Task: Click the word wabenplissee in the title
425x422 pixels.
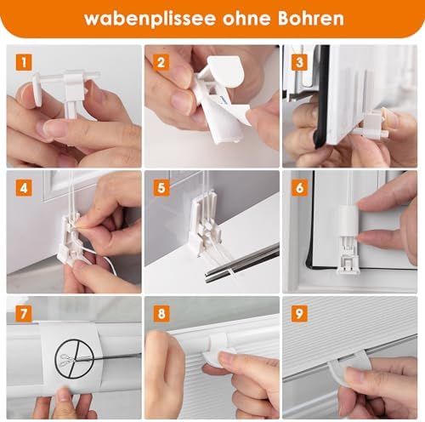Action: [150, 19]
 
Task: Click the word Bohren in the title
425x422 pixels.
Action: [310, 18]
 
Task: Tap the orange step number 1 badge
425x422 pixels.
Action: [24, 62]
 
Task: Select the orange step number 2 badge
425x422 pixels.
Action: [161, 62]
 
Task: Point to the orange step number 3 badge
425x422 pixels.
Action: [299, 62]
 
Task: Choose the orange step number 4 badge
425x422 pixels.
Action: [24, 188]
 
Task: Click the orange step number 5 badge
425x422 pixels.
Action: [161, 188]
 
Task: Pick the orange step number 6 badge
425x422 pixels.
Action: [299, 188]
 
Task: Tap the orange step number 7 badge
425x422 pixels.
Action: [24, 314]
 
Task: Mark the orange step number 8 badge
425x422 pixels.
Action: [161, 314]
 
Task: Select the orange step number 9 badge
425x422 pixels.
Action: [299, 314]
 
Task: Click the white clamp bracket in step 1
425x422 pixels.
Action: [70, 92]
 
